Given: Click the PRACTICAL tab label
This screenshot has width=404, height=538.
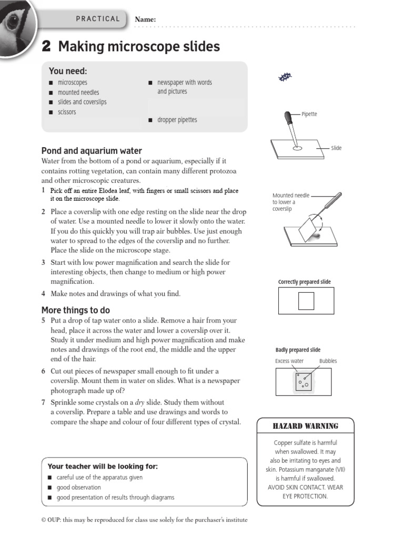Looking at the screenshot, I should click(98, 19).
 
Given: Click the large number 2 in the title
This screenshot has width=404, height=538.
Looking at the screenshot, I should click(46, 47).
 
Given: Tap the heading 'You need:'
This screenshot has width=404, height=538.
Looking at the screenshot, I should click(68, 71).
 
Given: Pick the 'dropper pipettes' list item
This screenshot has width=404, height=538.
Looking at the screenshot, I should click(177, 120).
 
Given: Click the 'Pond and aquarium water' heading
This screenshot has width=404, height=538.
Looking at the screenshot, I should click(92, 151).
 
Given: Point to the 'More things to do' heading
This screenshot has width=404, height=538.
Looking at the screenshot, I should click(76, 310).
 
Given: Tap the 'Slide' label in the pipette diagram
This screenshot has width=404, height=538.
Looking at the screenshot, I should click(336, 148).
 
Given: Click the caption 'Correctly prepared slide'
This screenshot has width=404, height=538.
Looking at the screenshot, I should click(305, 282).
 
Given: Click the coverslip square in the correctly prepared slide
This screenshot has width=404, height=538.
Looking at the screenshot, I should click(306, 301).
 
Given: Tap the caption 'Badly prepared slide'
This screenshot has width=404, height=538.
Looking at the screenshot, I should click(298, 350).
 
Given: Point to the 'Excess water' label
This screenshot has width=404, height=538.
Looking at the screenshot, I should click(289, 361).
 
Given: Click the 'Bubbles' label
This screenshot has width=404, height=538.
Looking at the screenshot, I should click(328, 361).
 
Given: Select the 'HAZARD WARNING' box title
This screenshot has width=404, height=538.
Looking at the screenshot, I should click(305, 426).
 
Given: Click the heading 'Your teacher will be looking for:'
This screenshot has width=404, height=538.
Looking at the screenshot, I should click(103, 467).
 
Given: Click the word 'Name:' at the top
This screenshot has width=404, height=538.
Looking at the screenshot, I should click(146, 19).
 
